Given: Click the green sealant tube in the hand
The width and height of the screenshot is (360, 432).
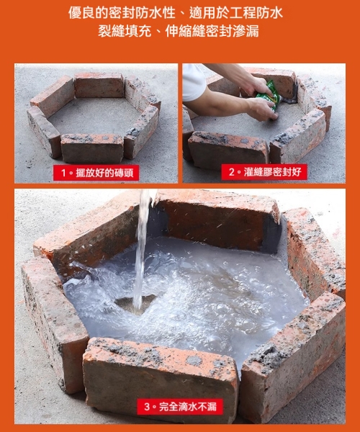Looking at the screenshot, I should pos(269,94).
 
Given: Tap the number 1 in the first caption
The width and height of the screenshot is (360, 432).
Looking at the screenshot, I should pos(64,173).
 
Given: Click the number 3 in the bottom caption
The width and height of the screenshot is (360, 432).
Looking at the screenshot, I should pos(147,407).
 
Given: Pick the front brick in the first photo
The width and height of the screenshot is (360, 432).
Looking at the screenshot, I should pos(92,147).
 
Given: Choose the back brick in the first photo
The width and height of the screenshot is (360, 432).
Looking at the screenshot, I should pos(99,85).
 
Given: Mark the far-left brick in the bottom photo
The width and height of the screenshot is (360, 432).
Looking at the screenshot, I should pos(54,317).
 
